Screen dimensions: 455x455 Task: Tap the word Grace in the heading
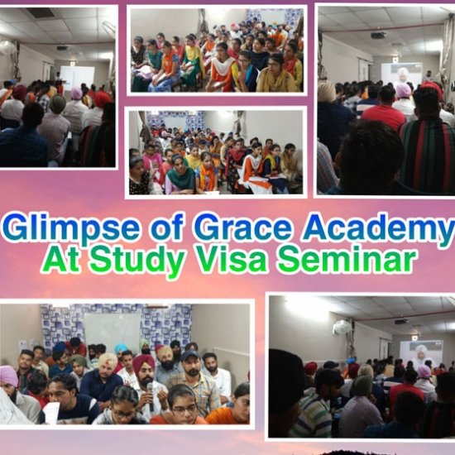click(x=242, y=227)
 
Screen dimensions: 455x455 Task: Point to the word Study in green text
click(x=137, y=260)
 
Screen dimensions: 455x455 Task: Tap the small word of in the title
click(x=167, y=227)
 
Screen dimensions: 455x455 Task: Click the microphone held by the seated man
click(x=150, y=395)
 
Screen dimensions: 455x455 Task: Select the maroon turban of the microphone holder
click(x=143, y=362)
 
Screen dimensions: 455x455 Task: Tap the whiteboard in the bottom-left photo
click(x=113, y=330)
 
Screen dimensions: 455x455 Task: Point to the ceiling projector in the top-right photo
click(x=378, y=36)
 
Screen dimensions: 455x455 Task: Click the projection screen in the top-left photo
click(x=77, y=77)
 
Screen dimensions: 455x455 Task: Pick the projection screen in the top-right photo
click(x=401, y=74)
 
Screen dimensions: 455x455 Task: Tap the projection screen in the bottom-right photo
click(x=421, y=352)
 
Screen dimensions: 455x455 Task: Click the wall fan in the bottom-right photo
click(x=342, y=328)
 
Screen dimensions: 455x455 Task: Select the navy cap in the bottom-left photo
click(x=189, y=355)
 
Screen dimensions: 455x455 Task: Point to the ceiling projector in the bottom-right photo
click(x=402, y=321)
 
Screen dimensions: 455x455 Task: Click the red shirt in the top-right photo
click(x=384, y=116)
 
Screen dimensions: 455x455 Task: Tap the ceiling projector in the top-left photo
click(x=62, y=48)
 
